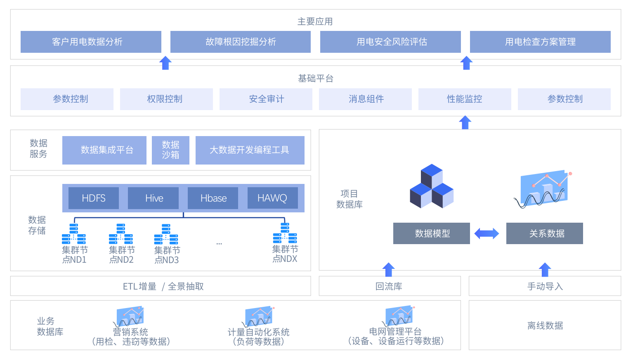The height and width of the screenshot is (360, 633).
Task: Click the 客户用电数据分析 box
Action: pyautogui.click(x=91, y=42)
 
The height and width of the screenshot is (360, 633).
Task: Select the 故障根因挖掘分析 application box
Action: pyautogui.click(x=241, y=42)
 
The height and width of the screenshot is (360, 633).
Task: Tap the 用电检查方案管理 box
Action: pyautogui.click(x=540, y=42)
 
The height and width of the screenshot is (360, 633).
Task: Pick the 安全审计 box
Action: pyautogui.click(x=266, y=99)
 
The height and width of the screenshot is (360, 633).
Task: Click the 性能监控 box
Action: pyautogui.click(x=465, y=99)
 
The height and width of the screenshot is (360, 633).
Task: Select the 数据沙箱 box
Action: pyautogui.click(x=170, y=150)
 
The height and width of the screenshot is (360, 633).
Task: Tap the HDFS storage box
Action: pyautogui.click(x=94, y=198)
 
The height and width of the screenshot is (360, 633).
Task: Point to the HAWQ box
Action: pyautogui.click(x=272, y=198)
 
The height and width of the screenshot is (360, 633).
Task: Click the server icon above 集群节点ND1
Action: pyautogui.click(x=74, y=234)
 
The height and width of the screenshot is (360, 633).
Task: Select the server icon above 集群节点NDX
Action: pyautogui.click(x=285, y=233)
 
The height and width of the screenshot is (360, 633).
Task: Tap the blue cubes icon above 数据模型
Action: pyautogui.click(x=432, y=187)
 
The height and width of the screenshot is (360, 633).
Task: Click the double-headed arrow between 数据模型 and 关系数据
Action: pyautogui.click(x=487, y=233)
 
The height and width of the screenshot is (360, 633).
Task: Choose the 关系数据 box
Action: pyautogui.click(x=544, y=233)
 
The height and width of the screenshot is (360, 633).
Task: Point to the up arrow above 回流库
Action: pyautogui.click(x=388, y=269)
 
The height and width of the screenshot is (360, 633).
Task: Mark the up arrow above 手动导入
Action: pyautogui.click(x=545, y=269)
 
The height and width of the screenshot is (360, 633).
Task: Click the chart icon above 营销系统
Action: pyautogui.click(x=130, y=316)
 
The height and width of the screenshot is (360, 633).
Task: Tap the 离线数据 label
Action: pyautogui.click(x=545, y=325)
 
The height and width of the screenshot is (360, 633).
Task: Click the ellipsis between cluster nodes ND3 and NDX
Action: pyautogui.click(x=219, y=244)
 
